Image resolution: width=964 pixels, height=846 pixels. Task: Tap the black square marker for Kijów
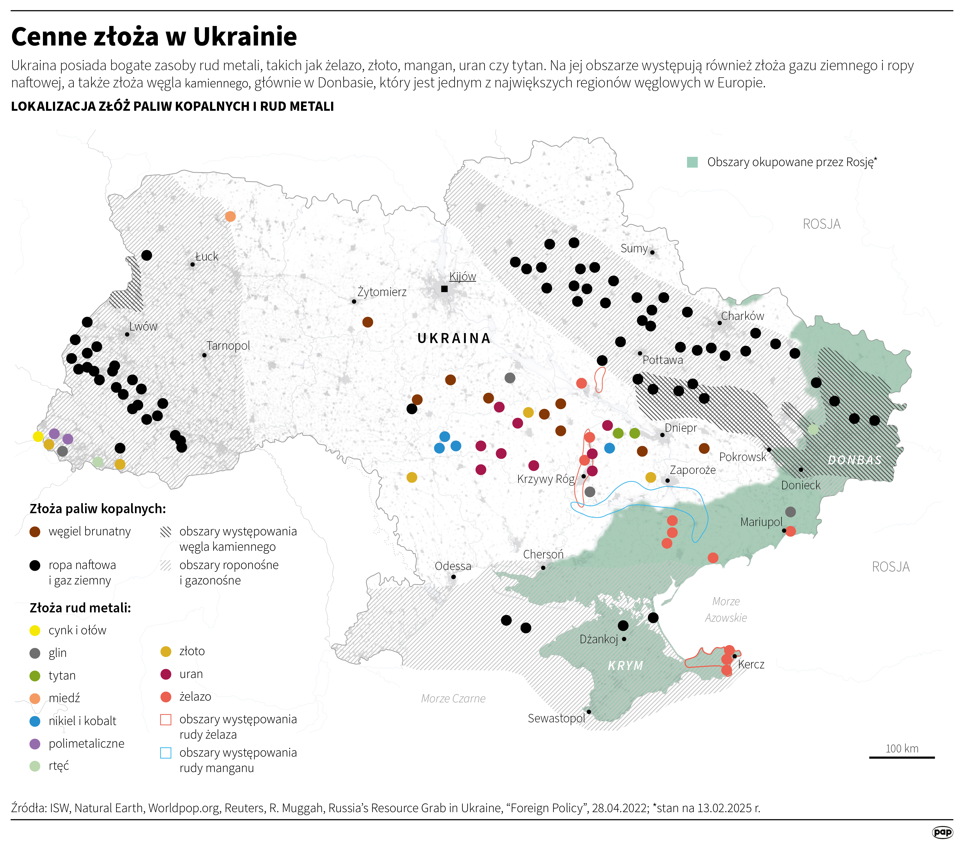444,289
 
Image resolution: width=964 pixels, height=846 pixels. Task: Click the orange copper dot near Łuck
230,216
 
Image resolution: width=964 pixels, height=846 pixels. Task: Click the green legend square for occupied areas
692,162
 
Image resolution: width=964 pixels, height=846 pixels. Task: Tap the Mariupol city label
761,522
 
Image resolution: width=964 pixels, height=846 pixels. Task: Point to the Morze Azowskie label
726,609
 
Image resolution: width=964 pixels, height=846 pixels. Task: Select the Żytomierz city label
381,292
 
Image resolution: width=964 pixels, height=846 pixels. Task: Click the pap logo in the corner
942,832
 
